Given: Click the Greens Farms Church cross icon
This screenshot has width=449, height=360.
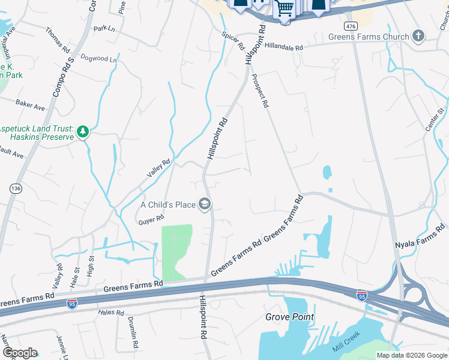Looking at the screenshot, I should tap(418, 37).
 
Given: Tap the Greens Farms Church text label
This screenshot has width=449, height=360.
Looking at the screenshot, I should tap(369, 37).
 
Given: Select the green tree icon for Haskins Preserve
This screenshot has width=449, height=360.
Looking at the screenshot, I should tap(83, 131).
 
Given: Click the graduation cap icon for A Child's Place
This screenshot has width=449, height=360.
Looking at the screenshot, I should tap(205, 205).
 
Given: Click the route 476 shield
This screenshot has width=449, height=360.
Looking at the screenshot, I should tap(351, 26).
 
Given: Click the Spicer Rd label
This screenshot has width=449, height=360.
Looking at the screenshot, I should tap(233, 41).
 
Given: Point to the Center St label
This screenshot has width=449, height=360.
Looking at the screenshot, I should tap(434, 119).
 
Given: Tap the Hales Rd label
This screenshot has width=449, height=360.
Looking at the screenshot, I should tap(111, 312).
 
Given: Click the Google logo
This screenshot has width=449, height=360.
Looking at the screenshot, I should tap(20, 353).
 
